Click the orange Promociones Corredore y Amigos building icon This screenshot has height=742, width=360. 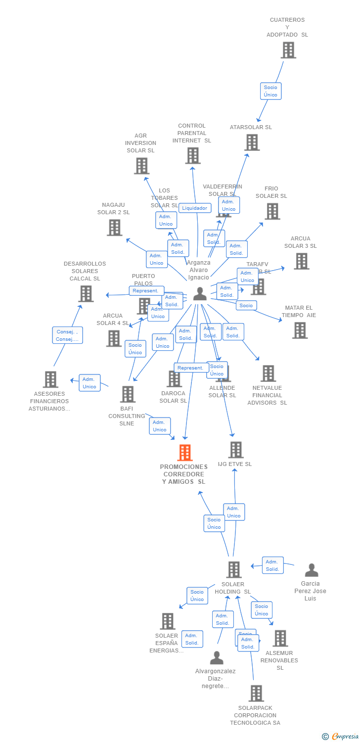tap(184, 453)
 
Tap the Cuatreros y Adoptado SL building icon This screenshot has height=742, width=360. tap(288, 50)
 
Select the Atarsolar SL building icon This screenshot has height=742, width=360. tap(252, 142)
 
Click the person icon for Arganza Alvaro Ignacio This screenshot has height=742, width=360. tap(200, 293)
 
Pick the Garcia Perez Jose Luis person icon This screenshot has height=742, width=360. tap(311, 570)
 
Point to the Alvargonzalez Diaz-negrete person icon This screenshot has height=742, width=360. tap(217, 658)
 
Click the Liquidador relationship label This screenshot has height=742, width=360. tap(194, 208)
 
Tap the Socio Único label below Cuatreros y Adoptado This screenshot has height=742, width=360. tap(270, 91)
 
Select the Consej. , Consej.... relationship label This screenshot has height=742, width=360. tap(67, 335)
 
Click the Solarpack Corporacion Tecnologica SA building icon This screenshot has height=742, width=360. tap(256, 694)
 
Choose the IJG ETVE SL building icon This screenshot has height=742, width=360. tap(236, 450)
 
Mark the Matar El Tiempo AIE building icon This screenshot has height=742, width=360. tap(300, 330)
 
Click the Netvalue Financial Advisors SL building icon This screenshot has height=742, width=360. tap(269, 373)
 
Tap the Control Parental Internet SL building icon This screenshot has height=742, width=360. tap(193, 155)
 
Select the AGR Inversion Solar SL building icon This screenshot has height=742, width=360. tap(141, 166)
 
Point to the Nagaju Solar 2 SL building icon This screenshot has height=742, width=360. tap(114, 228)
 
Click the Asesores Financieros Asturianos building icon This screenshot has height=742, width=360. tap(50, 379)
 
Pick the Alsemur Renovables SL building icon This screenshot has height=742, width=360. tap(280, 638)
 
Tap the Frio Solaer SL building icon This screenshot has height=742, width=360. tap(272, 211)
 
